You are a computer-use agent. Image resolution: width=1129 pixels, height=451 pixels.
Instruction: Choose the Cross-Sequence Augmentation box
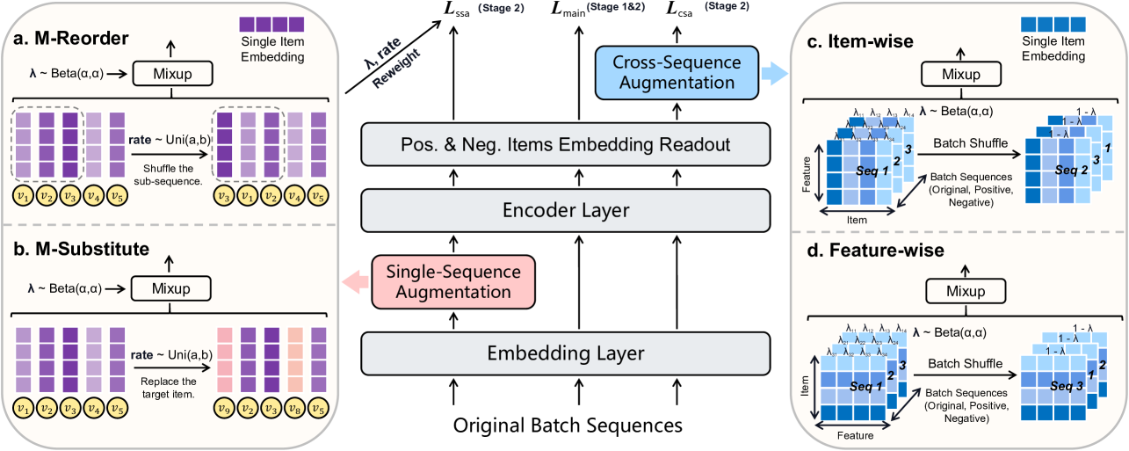click(674, 72)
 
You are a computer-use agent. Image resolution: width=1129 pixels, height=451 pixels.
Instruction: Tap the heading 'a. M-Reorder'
click(69, 39)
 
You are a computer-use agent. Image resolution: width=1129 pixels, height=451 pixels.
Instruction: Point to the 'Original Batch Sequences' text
click(568, 426)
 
